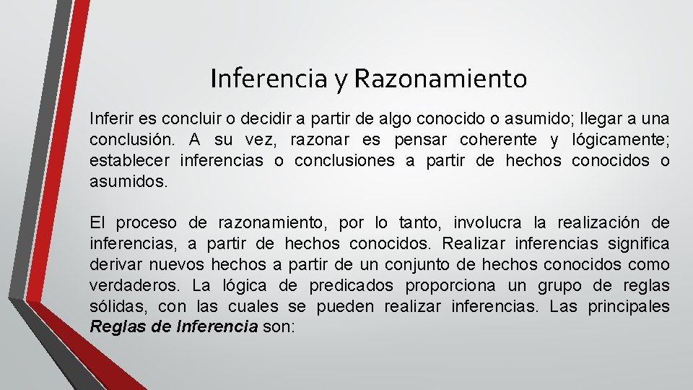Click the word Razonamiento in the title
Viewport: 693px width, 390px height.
[440, 79]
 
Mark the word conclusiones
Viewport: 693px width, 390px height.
[344, 160]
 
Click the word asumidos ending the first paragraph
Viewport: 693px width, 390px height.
[128, 181]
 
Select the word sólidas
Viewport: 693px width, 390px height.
[115, 306]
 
